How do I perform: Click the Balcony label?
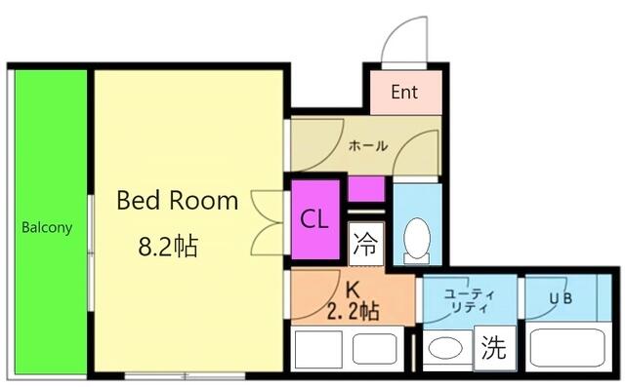pos(47,227)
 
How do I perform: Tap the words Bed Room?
pos(178,200)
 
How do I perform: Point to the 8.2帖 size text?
pos(168,247)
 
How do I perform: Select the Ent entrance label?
pos(404,92)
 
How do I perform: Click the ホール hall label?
pos(368,146)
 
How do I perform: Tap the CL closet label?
pos(314,219)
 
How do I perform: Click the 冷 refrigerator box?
pos(366,244)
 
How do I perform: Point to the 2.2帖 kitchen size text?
pos(354,311)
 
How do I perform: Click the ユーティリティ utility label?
pos(470,300)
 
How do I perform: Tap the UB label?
pos(561,298)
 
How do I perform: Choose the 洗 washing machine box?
pos(495,348)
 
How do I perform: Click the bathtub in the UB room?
pos(568,347)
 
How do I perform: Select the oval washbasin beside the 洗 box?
pos(445,348)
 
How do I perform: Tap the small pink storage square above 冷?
pos(366,189)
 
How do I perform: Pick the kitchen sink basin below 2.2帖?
pos(374,348)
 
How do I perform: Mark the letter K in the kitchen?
pos(353,290)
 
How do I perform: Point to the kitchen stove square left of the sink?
pos(318,349)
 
